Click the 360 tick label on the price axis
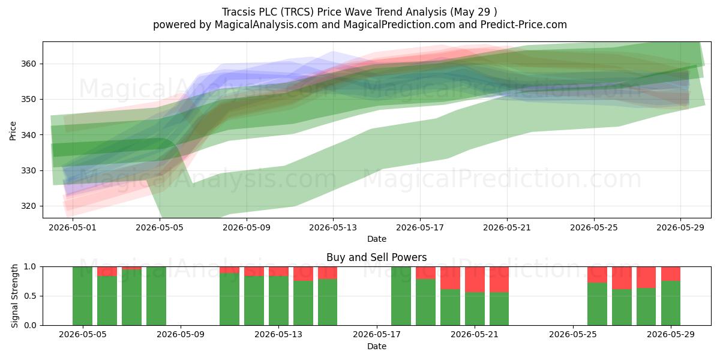28,64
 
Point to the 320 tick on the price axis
28,206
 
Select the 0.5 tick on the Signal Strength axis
30,296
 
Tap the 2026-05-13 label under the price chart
333,227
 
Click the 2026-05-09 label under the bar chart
181,335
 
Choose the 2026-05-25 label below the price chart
594,227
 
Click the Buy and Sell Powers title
377,257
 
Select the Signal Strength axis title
14,296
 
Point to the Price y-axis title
13,131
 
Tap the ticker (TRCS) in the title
297,12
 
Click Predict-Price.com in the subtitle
524,25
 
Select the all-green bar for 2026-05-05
83,296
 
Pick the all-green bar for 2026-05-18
401,296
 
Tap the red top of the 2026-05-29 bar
671,274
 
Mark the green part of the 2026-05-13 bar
278,301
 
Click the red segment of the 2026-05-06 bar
107,272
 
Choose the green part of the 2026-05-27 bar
622,307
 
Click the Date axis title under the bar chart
377,347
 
